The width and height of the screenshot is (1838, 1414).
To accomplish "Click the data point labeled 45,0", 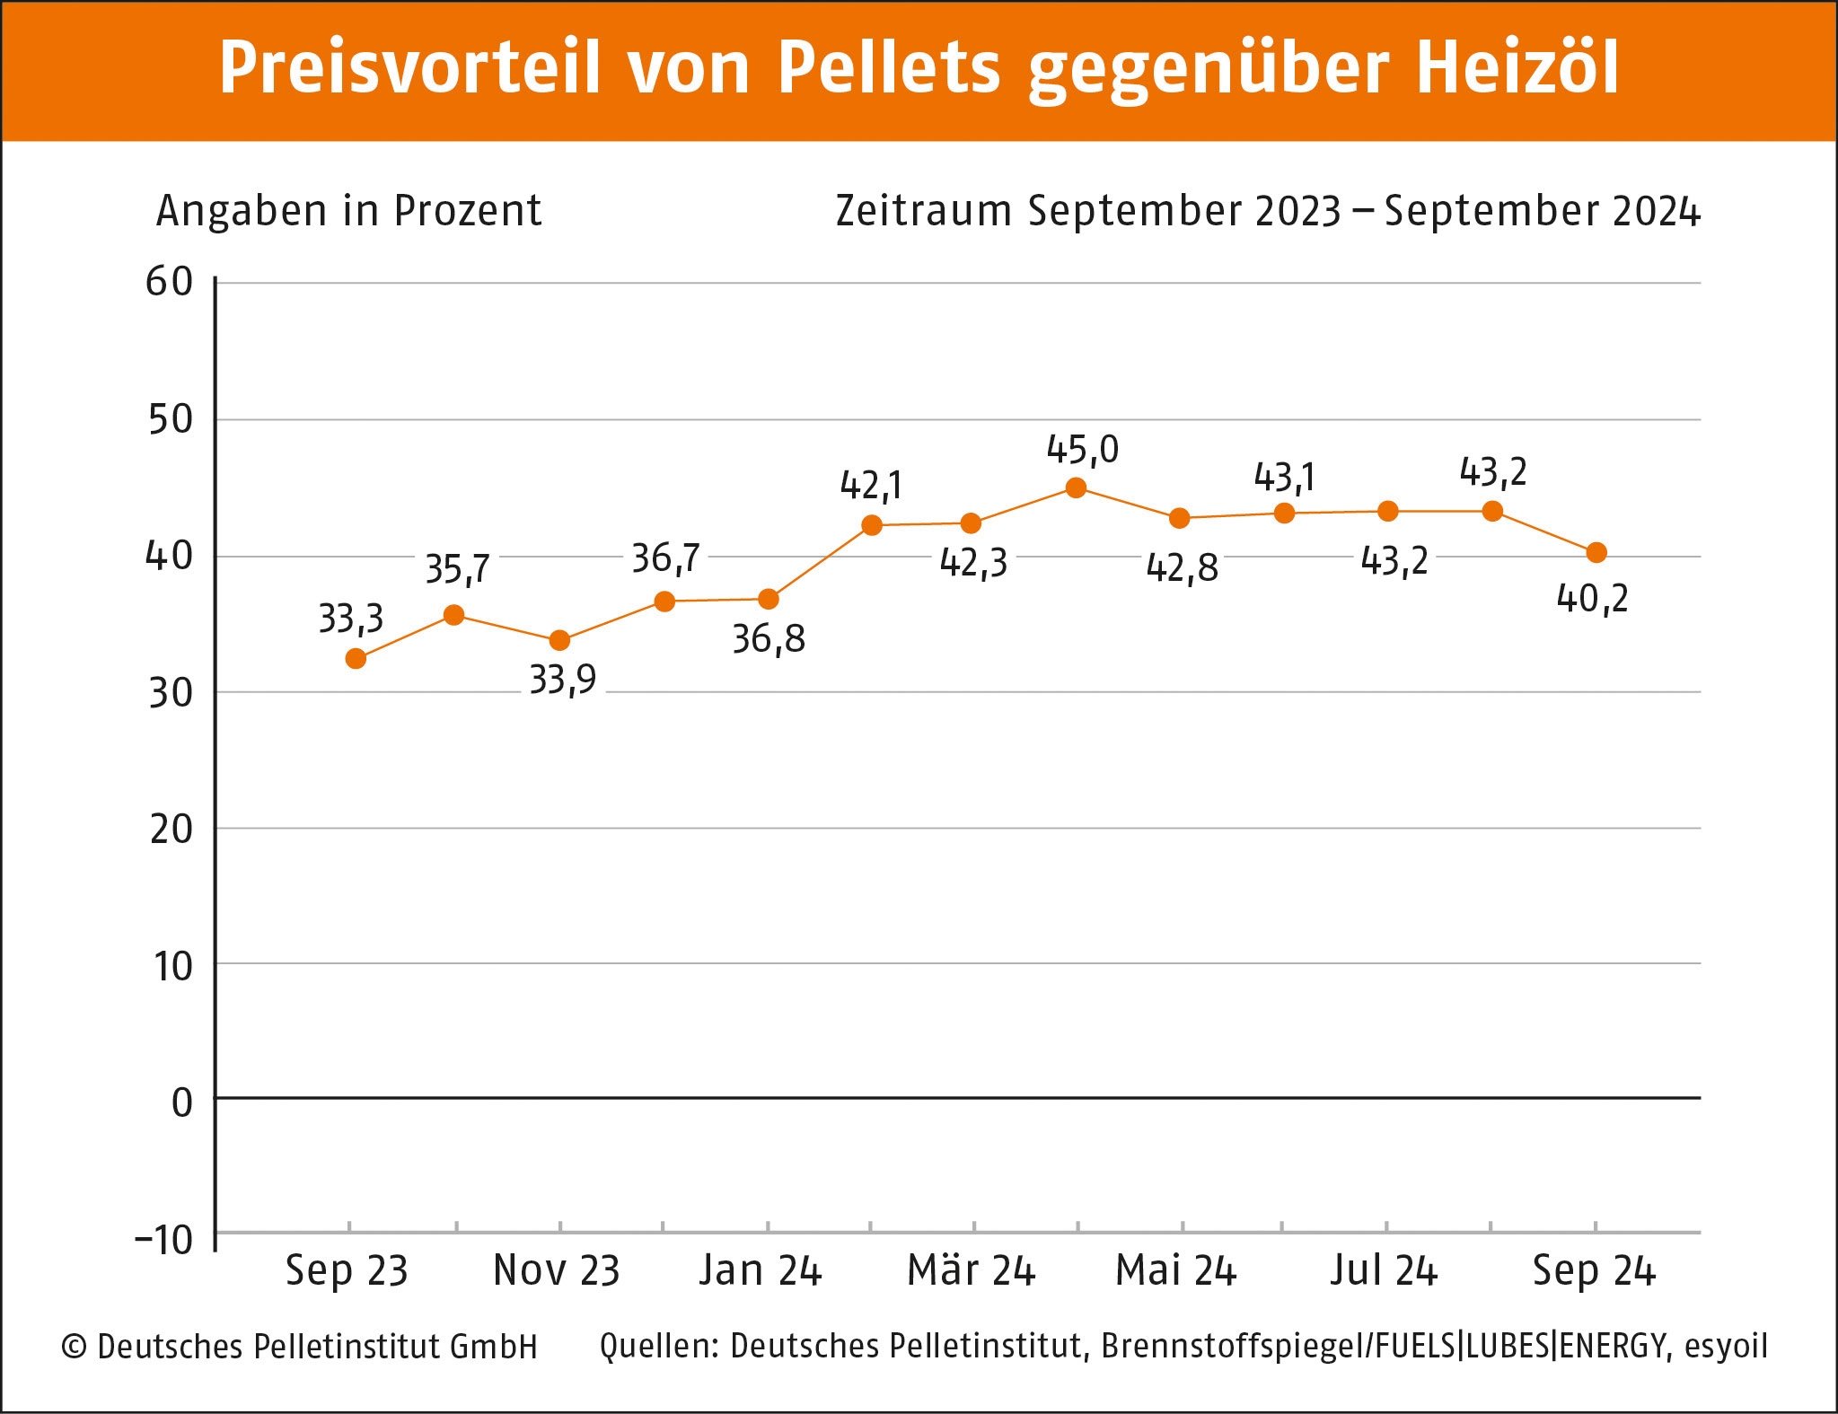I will tap(1076, 488).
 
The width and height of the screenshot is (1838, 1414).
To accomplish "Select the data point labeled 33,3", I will tap(356, 659).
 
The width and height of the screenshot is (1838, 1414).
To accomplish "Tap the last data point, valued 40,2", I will tap(1596, 553).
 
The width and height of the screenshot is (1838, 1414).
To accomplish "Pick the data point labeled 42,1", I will tap(871, 525).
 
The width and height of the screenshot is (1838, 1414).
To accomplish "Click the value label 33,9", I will tap(563, 680).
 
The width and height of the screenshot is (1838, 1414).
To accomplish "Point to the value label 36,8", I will tap(769, 639).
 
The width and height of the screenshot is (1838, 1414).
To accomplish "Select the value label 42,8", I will tap(1183, 567).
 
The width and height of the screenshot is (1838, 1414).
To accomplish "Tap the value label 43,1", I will tap(1285, 477).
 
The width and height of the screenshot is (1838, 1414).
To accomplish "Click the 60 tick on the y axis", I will tap(170, 282).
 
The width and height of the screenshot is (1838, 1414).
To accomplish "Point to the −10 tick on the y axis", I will tap(164, 1240).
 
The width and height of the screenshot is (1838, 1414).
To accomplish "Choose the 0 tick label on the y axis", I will tap(182, 1102).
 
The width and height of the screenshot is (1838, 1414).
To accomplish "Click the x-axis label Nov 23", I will tap(557, 1270).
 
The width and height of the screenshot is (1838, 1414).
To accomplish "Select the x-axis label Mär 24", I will tap(972, 1270).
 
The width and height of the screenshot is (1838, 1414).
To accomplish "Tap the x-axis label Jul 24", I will tap(1384, 1270).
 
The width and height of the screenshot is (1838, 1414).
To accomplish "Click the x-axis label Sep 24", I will tap(1594, 1270).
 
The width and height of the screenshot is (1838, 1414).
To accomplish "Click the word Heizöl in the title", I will tap(1517, 67).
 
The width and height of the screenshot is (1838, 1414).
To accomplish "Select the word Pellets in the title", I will tap(889, 67).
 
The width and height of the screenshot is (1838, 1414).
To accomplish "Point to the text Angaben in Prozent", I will tap(349, 211).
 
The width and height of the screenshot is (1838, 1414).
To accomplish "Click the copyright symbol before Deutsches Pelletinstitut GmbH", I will tap(74, 1347).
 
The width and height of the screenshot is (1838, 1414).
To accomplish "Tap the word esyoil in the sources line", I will tap(1726, 1346).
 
